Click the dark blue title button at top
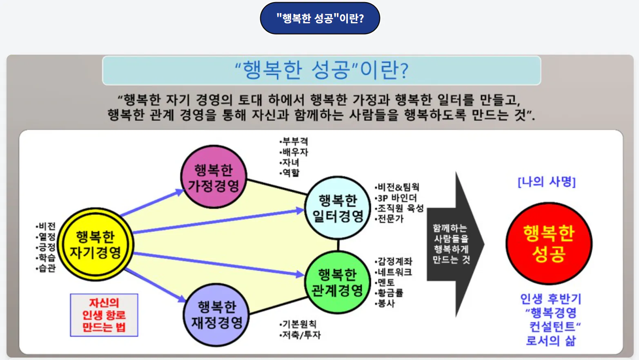point(320,18)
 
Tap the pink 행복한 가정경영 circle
point(214,177)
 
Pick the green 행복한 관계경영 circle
point(337,282)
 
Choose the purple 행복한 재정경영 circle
point(217,315)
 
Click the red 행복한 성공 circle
point(549,244)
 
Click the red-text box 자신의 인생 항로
point(104,315)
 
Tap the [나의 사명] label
point(546,182)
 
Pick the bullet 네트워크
point(394,272)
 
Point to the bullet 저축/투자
point(301,335)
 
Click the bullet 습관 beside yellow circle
point(47,268)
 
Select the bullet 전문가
point(390,219)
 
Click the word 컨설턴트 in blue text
point(552,327)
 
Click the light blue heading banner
point(321,70)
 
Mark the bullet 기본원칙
point(299,324)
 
